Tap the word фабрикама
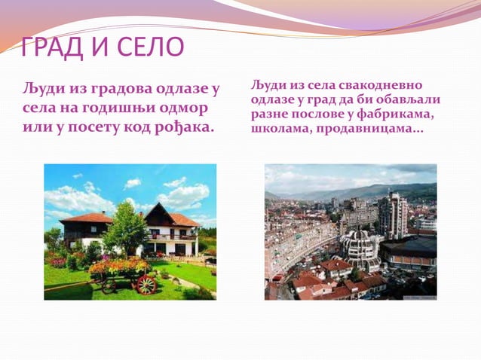pos(395,114)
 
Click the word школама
pos(276,130)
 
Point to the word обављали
pos(406,99)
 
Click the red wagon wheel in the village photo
pos(147,284)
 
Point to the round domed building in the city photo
pos(360,248)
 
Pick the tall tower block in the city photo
pos(393,215)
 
